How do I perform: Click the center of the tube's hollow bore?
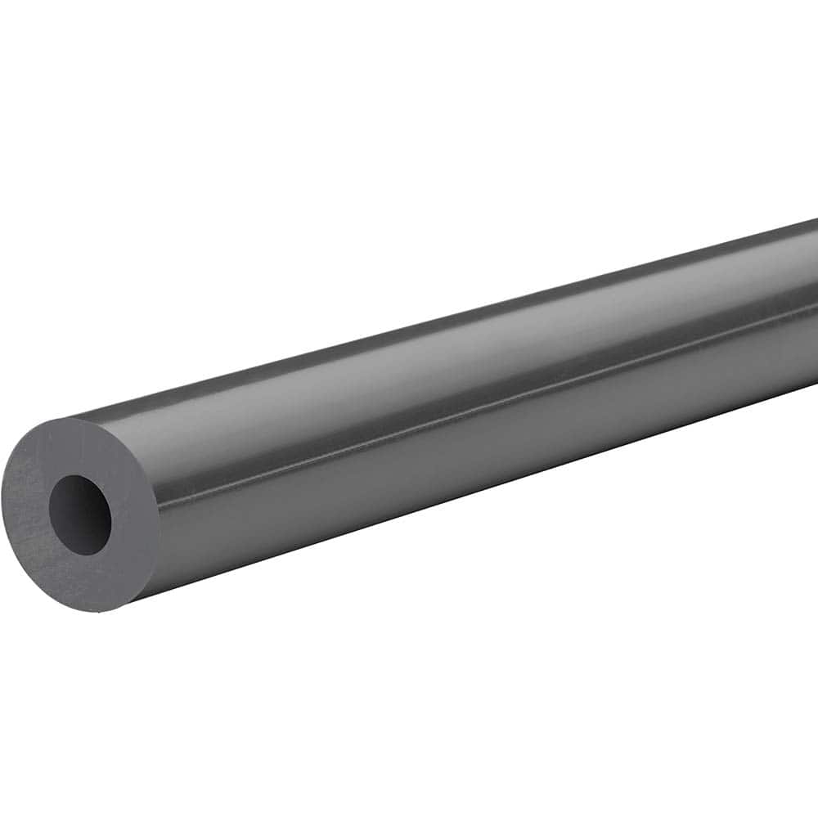(x=79, y=515)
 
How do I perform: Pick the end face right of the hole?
(x=136, y=515)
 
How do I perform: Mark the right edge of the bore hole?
(x=111, y=515)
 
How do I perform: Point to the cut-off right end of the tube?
(x=815, y=303)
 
